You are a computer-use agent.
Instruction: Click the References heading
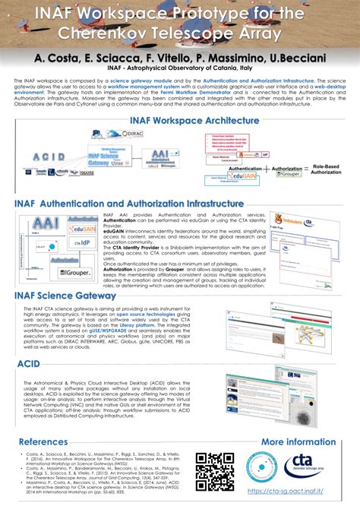pyautogui.click(x=48, y=441)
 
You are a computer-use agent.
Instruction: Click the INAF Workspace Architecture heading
pyautogui.click(x=179, y=119)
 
